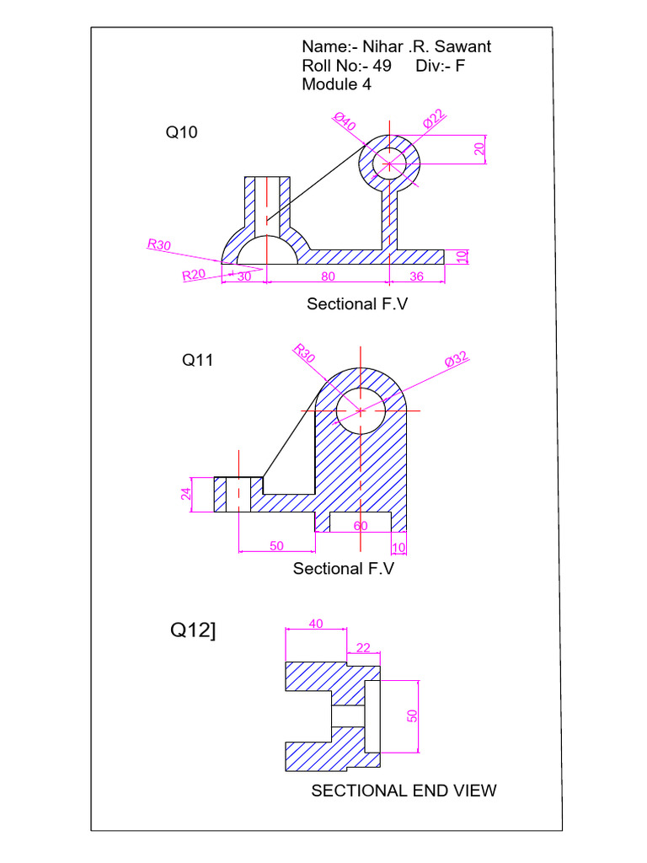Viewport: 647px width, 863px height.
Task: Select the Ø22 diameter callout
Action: coord(434,119)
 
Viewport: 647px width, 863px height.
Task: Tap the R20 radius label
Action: coord(194,275)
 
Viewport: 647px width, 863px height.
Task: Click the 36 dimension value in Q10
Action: coord(416,276)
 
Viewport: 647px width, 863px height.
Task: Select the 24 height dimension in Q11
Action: coord(187,494)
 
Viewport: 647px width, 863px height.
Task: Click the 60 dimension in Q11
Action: coord(361,526)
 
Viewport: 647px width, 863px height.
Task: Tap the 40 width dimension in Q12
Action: coord(316,624)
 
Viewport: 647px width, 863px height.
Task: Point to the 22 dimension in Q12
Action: coord(364,646)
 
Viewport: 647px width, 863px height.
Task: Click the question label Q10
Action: coord(181,132)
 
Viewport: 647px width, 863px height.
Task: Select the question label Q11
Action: coord(198,360)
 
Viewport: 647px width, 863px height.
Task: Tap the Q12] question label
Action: coord(193,630)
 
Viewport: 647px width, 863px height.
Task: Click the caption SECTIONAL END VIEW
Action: coord(404,791)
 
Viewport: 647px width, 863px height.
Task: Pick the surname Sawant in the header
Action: coord(463,46)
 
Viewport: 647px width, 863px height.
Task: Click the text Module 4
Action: coord(336,84)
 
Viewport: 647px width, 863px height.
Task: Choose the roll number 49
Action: coord(382,66)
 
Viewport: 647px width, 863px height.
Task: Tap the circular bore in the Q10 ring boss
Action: coord(389,163)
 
